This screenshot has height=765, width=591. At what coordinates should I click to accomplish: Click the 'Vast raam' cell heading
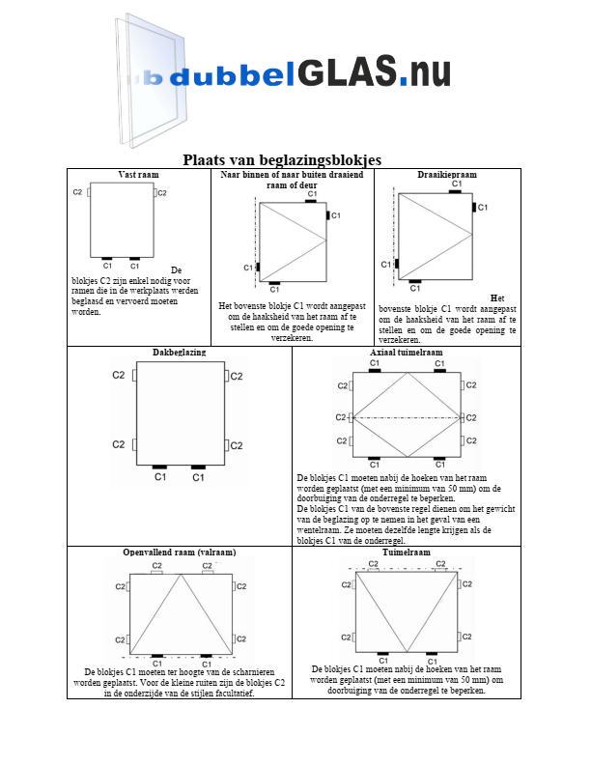(x=138, y=175)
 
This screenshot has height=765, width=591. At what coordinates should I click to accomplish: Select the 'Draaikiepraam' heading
(x=447, y=175)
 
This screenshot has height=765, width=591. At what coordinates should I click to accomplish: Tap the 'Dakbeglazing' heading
(x=179, y=353)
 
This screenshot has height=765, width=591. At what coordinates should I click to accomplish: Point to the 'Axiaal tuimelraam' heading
(x=406, y=353)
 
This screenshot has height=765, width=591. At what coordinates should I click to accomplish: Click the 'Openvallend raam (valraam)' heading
(x=180, y=552)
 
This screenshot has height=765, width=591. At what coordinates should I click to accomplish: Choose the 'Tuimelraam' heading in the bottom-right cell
(x=406, y=552)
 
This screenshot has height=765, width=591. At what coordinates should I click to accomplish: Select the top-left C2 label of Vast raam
(x=77, y=192)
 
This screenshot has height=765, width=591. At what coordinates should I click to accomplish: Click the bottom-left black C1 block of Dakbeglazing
(x=160, y=467)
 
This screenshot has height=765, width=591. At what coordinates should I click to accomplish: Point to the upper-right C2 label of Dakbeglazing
(x=236, y=376)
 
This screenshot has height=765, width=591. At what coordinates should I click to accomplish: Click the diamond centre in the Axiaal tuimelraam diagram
(x=406, y=417)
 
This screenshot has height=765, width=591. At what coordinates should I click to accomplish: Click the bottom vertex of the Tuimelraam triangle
(x=406, y=651)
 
